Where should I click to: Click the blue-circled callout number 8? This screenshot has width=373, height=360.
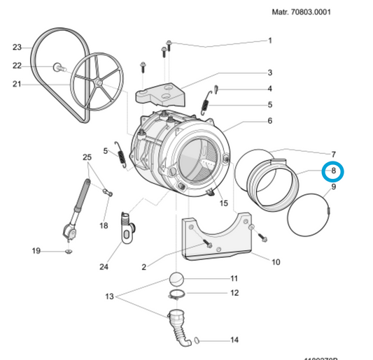(333, 170)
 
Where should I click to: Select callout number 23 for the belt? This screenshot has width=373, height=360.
(17, 48)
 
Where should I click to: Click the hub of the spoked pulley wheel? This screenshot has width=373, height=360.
(99, 83)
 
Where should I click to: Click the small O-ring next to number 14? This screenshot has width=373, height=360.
(198, 340)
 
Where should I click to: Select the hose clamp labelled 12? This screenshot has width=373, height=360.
(178, 294)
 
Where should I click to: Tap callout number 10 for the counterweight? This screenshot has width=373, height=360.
(275, 262)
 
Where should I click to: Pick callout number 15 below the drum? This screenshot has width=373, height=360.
(223, 203)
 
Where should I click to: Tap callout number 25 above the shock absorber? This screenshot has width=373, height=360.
(87, 156)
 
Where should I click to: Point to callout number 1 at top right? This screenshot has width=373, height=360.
(269, 41)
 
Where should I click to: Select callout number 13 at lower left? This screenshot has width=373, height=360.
(109, 296)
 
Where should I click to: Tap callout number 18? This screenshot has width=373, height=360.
(104, 226)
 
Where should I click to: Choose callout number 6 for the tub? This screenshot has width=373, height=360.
(269, 121)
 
